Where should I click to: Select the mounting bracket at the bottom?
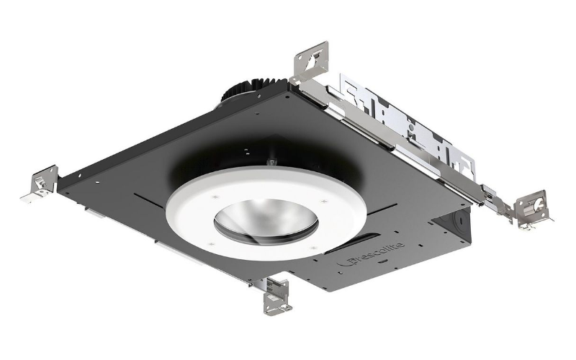click(276, 294)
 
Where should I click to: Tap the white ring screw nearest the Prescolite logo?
click(315, 247)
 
